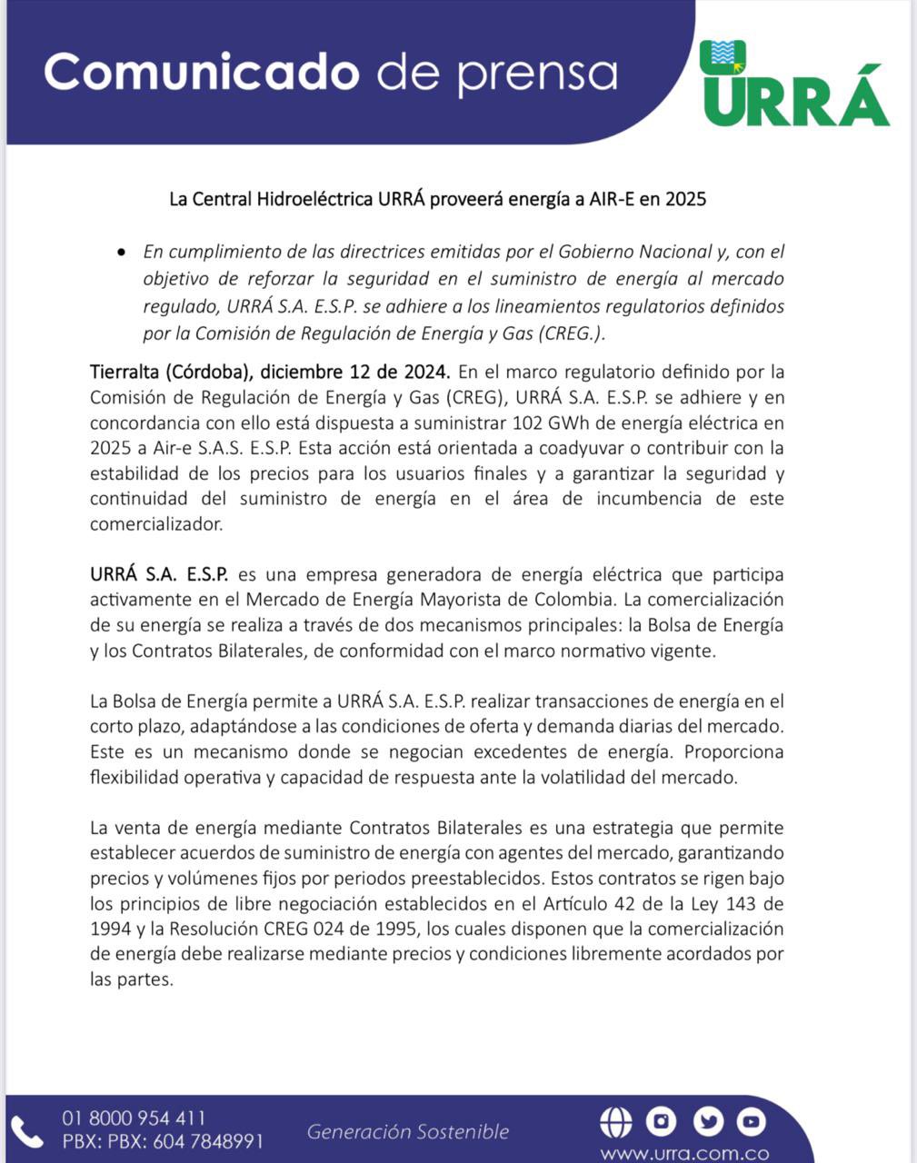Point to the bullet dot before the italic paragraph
(122, 252)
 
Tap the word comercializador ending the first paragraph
(155, 524)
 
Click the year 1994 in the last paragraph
(110, 929)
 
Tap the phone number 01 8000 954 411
(134, 1118)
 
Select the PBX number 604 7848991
(208, 1141)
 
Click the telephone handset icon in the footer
(27, 1131)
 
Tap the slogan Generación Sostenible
(407, 1132)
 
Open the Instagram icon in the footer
(661, 1122)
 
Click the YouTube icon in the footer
(751, 1122)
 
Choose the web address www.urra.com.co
(684, 1154)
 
